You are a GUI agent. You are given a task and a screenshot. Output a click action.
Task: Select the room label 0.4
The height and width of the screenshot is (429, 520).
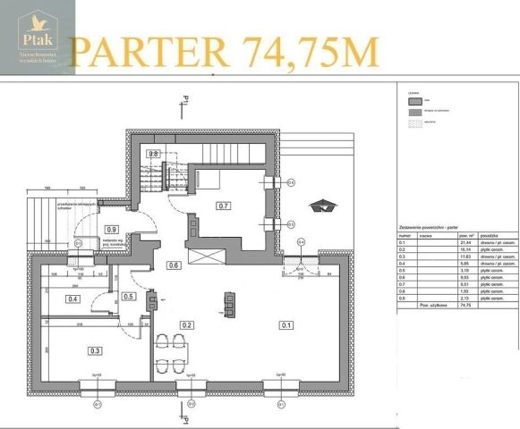(x=73, y=299)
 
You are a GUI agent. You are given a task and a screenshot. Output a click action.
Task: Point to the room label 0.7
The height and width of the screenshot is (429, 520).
(x=224, y=206)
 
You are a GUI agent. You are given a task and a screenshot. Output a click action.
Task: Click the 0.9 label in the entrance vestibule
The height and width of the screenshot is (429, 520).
(x=112, y=230)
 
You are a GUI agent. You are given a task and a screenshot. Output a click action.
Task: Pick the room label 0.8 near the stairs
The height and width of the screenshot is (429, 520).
(x=153, y=154)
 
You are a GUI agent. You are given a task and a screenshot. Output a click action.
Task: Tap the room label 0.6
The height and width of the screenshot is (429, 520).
(x=174, y=265)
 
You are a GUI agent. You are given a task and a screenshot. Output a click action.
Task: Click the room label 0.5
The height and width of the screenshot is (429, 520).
(x=129, y=296)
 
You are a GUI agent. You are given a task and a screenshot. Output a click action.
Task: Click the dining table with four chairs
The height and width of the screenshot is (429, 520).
(x=172, y=351)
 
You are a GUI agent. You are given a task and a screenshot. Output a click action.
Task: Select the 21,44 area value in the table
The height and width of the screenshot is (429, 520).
(x=465, y=242)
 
